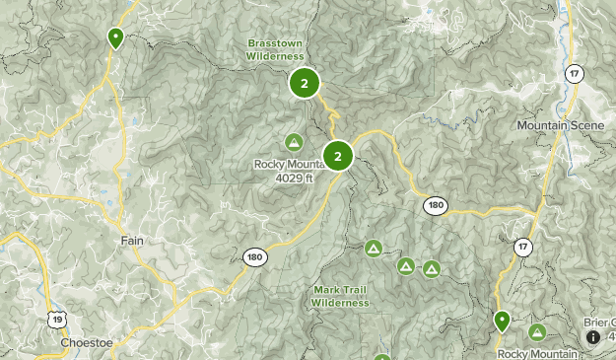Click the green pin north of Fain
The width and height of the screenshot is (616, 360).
[115, 38]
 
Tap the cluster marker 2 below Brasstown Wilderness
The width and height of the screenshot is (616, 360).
[305, 84]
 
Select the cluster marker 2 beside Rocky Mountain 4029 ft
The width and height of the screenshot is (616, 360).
[338, 156]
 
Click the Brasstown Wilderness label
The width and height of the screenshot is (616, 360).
[275, 51]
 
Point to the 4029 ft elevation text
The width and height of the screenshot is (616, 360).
[295, 178]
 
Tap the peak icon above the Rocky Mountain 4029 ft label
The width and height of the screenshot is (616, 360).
[294, 142]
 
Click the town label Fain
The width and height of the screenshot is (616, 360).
[132, 241]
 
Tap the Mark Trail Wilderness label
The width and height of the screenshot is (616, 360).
[341, 296]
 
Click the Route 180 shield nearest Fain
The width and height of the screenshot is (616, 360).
[254, 256]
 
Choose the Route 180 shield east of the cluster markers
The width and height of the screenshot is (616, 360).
[436, 205]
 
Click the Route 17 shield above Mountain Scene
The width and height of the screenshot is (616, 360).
[574, 74]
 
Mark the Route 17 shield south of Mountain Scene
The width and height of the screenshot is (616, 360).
[522, 247]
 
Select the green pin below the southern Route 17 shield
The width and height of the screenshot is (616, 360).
[502, 321]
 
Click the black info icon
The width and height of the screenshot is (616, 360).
[593, 336]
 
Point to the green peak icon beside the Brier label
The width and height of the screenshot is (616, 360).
[537, 332]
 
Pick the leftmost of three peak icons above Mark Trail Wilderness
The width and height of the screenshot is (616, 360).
[373, 248]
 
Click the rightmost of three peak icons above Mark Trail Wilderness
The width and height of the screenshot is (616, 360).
[431, 268]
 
